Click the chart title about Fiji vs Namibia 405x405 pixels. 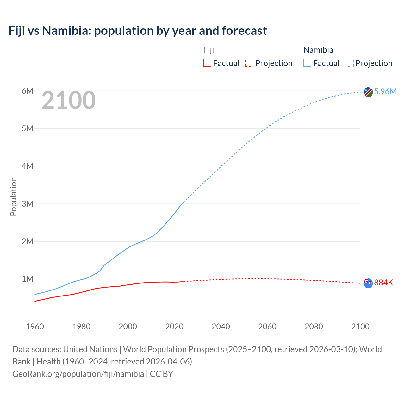[x=138, y=31]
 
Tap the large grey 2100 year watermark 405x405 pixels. [x=68, y=100]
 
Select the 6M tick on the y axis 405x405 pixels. [x=28, y=91]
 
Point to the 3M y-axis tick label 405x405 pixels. [x=28, y=204]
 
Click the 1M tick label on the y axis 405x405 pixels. [x=28, y=279]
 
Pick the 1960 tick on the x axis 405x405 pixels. [x=35, y=327]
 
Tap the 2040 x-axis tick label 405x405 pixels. [x=221, y=327]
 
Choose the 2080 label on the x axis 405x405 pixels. [x=314, y=327]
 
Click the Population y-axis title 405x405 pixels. [x=13, y=196]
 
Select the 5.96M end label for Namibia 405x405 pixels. [x=385, y=91]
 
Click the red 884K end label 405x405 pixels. [x=383, y=283]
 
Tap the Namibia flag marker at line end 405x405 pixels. [x=368, y=92]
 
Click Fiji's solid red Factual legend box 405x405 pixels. [x=207, y=63]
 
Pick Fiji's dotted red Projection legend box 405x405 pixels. [x=249, y=63]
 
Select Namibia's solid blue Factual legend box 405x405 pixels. [x=307, y=63]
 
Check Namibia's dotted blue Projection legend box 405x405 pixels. [x=350, y=63]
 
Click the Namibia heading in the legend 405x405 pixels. [x=318, y=50]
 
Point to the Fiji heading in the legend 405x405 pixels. [x=209, y=50]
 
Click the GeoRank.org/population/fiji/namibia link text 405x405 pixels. [x=78, y=374]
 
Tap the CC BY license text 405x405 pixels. [x=161, y=374]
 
